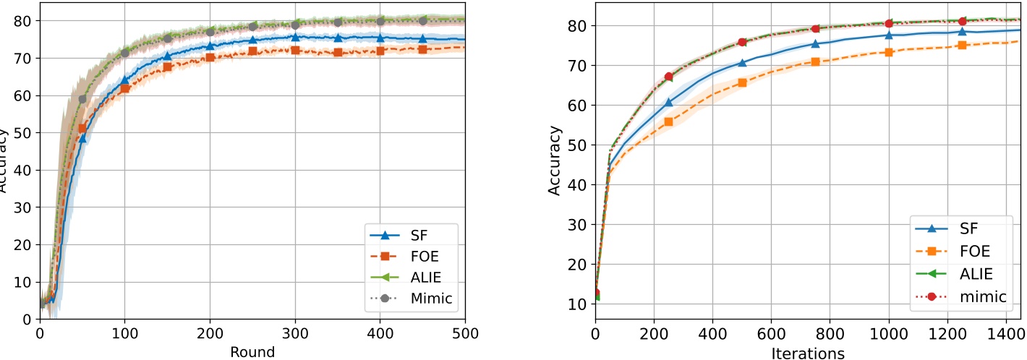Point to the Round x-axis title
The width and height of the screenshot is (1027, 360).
click(252, 352)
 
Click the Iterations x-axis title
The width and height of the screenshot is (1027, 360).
click(808, 352)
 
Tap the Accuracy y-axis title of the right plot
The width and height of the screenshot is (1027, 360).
click(555, 161)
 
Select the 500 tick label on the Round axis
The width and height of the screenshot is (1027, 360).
click(464, 333)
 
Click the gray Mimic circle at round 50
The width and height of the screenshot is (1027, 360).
click(82, 99)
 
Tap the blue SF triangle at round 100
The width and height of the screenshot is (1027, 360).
click(124, 80)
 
